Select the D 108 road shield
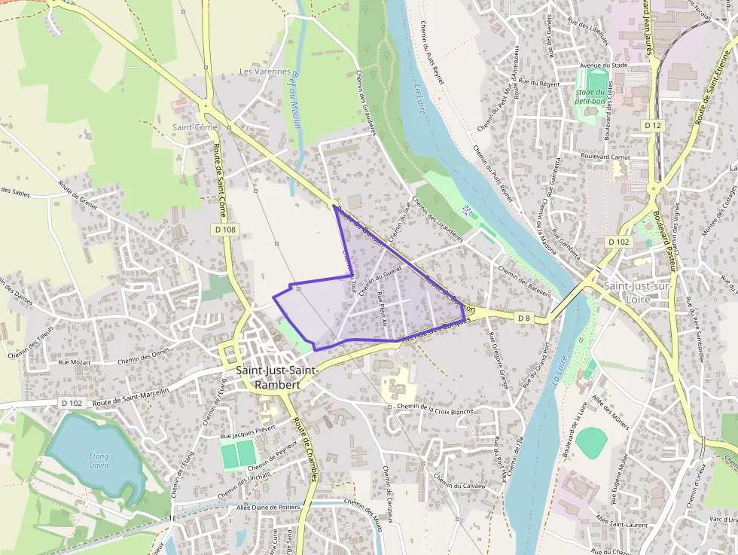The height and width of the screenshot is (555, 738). tap(225, 229)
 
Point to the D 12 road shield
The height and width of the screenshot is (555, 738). tap(653, 124)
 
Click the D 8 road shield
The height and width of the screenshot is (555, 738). tap(524, 319)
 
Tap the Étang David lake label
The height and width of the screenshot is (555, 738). tap(99, 460)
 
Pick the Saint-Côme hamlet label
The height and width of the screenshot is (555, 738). tap(194, 127)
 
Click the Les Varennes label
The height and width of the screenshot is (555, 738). tap(264, 72)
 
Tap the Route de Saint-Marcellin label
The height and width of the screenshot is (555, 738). tap(133, 395)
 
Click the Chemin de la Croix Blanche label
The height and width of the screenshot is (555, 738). tap(435, 408)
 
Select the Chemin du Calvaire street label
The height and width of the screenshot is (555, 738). tap(459, 485)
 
